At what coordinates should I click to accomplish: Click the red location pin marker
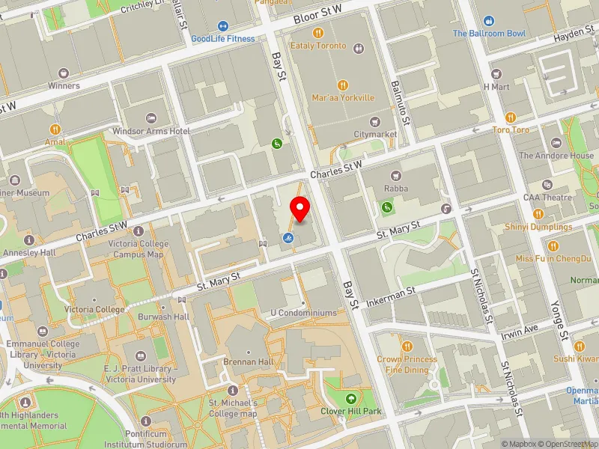pos(300,209)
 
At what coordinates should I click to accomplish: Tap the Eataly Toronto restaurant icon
pos(318,33)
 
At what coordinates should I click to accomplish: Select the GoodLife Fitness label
pos(222,38)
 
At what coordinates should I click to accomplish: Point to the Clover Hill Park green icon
pos(352,397)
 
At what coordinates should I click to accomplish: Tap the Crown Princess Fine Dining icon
pos(407,346)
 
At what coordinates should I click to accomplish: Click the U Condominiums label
pos(303,313)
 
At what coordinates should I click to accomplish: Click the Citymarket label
pos(374,134)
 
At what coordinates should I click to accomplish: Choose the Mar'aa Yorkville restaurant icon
pos(344,85)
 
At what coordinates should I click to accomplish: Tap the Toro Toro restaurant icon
pos(511,117)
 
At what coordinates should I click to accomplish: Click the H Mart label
pos(496,87)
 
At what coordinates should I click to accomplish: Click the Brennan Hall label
pos(249,361)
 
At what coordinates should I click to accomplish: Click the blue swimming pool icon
pos(288,239)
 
